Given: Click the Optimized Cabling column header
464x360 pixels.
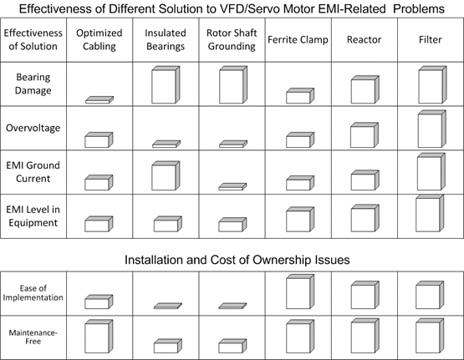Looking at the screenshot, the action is (x=99, y=39).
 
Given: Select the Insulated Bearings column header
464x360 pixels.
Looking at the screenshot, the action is (x=166, y=39).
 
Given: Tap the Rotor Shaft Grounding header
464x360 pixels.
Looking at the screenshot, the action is (x=232, y=39).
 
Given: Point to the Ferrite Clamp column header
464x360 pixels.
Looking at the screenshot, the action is (x=298, y=39).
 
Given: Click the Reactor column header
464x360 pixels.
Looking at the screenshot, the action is (x=364, y=39).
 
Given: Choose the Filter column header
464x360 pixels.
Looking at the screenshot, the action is (x=431, y=39).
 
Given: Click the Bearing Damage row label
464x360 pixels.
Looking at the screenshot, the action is (x=33, y=84).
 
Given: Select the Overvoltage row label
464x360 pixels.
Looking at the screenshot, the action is (x=33, y=128).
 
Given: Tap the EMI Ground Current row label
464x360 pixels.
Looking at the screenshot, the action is (x=33, y=172).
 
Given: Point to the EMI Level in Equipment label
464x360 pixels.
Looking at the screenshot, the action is (x=33, y=216).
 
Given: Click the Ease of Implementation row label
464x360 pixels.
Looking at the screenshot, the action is (x=33, y=293).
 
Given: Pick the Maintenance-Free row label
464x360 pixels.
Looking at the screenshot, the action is (x=33, y=337).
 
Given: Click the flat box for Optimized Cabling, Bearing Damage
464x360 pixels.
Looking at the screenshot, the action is (x=99, y=100).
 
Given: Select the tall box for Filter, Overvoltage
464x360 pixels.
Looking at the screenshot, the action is (x=432, y=129).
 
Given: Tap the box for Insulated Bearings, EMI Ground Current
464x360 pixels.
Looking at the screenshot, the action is (x=166, y=175).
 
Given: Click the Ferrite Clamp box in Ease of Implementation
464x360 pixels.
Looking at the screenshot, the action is (x=300, y=292).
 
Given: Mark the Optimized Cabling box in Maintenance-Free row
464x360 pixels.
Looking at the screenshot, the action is (x=99, y=337).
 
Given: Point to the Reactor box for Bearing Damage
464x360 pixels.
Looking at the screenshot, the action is (x=365, y=89).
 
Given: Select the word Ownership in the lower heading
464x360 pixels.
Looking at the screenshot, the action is (x=280, y=260).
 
